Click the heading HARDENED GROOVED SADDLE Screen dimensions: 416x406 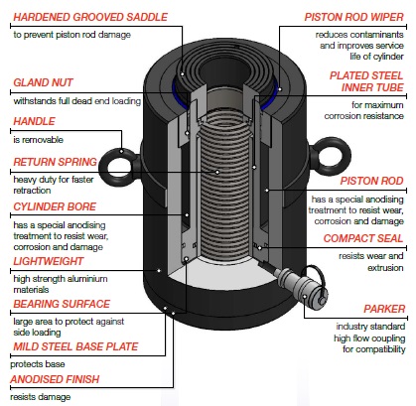point(90,17)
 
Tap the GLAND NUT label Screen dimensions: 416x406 point(43,82)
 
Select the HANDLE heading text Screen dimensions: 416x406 point(34,121)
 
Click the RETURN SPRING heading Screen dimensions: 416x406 point(55,162)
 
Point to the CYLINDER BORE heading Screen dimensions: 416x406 point(55,206)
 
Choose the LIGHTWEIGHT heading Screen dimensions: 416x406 point(49,261)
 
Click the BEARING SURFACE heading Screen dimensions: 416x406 point(62,304)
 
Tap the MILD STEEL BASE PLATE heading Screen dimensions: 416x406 point(75,346)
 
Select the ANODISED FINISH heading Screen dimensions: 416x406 point(55,379)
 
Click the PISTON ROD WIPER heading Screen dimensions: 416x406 point(354,17)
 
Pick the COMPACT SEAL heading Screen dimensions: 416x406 point(363,238)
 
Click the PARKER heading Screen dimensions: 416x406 point(384,309)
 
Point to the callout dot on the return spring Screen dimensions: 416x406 point(217,172)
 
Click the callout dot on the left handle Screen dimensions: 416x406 point(121,152)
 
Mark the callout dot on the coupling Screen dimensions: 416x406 point(305,296)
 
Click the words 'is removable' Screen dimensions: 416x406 point(38,140)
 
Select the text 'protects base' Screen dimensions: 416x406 point(38,364)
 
